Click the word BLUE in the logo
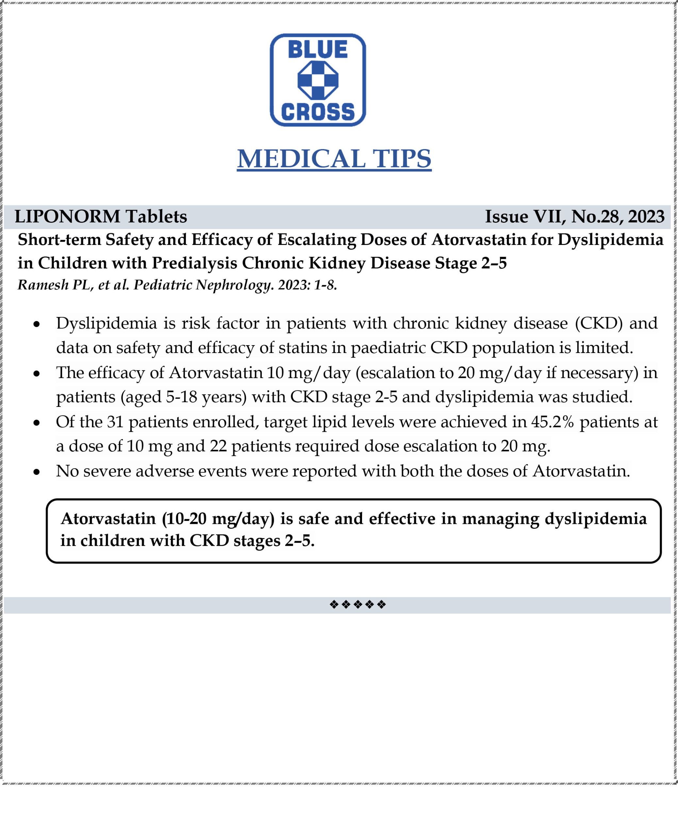click(x=318, y=50)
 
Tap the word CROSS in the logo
click(x=318, y=112)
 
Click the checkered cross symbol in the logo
click(x=318, y=80)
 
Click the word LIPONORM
click(x=67, y=217)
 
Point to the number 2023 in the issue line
click(x=646, y=217)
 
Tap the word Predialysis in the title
click(x=194, y=263)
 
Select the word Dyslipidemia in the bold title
click(x=610, y=240)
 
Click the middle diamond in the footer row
click(x=357, y=604)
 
